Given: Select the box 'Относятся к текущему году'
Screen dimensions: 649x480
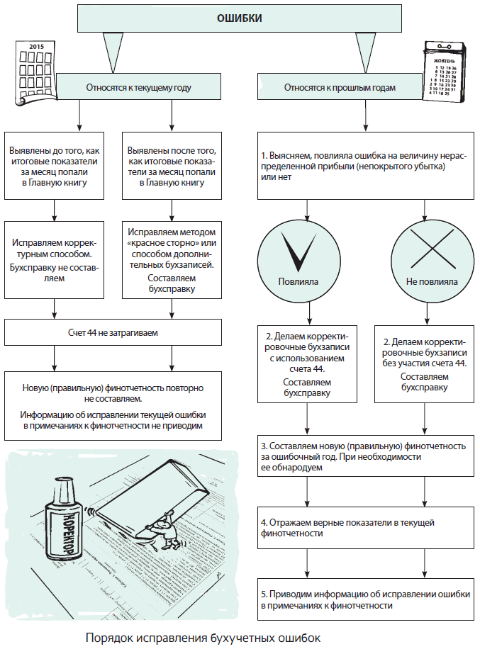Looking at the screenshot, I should (138, 89).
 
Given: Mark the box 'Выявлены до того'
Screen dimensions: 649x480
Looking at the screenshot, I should (55, 167).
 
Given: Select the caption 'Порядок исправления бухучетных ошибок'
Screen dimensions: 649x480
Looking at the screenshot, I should (203, 638).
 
